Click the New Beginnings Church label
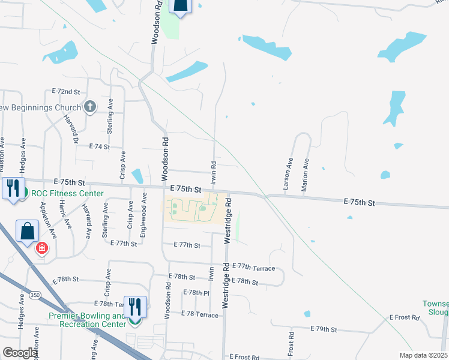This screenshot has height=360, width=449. pos(40,108)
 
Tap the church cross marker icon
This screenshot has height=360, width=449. pos(90,107)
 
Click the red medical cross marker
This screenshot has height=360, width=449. pos(41,248)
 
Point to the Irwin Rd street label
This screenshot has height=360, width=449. pos(213,172)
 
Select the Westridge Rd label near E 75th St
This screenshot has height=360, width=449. pos(228,222)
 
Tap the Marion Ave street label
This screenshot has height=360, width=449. pos(306,175)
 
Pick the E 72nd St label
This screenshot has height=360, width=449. pos(66,91)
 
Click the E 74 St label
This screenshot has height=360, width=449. pos(100,146)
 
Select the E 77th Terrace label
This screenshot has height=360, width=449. pos(253,267)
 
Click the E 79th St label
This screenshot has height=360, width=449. pos(325,329)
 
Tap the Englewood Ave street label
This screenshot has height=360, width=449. pos(143,215)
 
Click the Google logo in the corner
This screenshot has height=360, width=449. pos(19,353)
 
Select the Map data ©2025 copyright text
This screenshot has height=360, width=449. pos(423,355)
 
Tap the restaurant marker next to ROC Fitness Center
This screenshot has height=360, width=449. pos(13,188)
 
